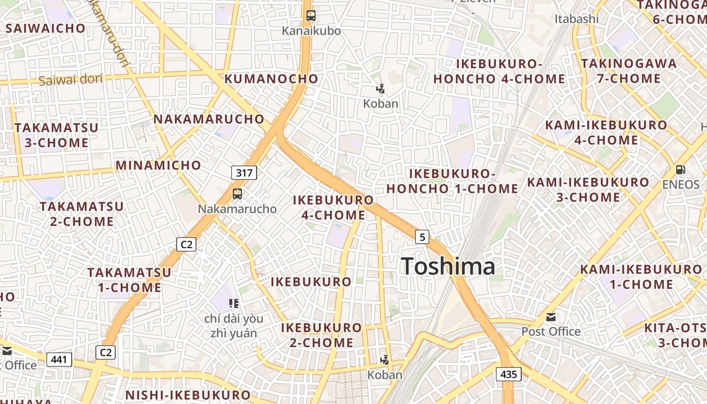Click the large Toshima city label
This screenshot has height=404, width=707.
(448, 266)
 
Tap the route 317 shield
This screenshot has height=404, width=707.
(244, 173)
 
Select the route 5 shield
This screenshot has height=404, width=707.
(422, 236)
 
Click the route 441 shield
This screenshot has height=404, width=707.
(59, 360)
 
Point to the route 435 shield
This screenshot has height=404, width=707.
(509, 374)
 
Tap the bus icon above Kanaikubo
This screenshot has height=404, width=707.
(311, 16)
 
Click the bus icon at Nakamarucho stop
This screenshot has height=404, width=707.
(237, 193)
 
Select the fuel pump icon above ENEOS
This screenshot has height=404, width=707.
(681, 170)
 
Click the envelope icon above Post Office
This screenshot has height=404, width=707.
(551, 317)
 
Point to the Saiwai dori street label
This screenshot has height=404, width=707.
(70, 79)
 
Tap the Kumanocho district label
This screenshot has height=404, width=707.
(271, 79)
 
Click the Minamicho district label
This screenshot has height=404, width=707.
(158, 165)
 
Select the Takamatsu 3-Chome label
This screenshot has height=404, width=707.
(57, 135)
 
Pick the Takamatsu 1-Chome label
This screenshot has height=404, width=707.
(129, 280)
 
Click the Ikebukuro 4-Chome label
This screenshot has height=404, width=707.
(334, 208)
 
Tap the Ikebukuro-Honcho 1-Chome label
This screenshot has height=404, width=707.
(452, 181)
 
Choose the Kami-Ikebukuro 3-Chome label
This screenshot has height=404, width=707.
(588, 189)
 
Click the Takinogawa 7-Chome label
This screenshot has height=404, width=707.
(628, 71)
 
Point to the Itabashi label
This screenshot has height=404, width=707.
(576, 19)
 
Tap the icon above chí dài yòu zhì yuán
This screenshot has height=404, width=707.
(233, 303)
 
